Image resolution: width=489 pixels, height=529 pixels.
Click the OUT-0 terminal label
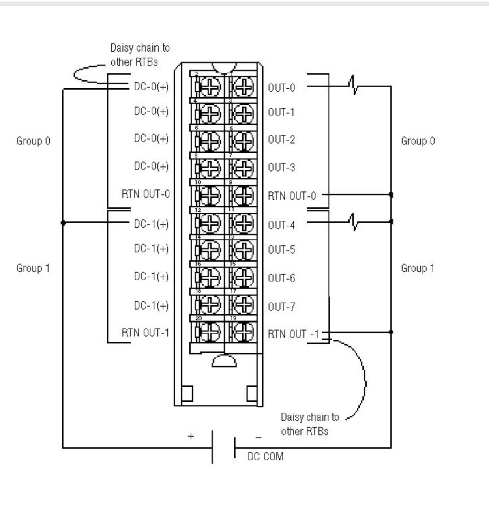[x=281, y=88]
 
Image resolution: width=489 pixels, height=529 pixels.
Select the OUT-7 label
[x=281, y=307]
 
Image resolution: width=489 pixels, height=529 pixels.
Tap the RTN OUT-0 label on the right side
[x=292, y=196]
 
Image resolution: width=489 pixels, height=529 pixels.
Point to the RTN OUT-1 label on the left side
[x=146, y=333]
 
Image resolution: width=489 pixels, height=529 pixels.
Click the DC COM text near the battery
[x=266, y=457]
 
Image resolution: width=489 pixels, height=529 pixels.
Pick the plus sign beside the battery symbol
[x=191, y=437]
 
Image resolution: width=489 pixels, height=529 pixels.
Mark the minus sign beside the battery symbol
[x=259, y=438]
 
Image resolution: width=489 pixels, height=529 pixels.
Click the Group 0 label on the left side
[x=33, y=141]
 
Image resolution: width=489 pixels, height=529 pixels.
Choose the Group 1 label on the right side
[x=418, y=268]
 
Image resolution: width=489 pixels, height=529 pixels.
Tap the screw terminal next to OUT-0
[x=242, y=87]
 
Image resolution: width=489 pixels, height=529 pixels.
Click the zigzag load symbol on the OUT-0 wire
[x=354, y=85]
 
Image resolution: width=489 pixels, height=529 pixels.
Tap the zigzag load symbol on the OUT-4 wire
[x=354, y=221]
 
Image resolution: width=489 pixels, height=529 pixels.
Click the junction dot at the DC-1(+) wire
[x=62, y=223]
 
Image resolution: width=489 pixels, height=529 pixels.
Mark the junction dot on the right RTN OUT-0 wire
[x=391, y=195]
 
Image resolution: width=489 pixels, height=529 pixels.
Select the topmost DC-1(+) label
[x=151, y=224]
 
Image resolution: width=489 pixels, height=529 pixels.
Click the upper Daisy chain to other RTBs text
[x=139, y=55]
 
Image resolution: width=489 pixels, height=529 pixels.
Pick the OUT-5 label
[x=281, y=250]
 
